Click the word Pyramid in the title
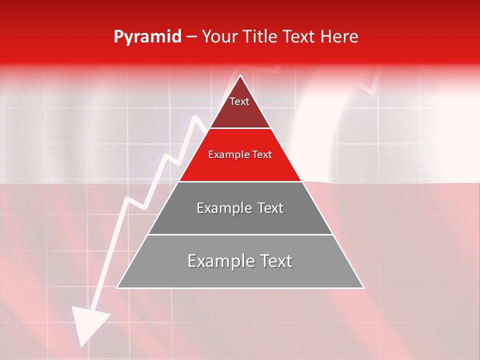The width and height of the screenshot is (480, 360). point(147,37)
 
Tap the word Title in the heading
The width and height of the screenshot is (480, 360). point(263,37)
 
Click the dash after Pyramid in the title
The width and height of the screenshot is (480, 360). point(191,37)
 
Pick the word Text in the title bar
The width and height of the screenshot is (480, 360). point(300,37)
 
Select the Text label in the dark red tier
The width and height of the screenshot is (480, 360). point(239,101)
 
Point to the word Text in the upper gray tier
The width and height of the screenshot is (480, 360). point(270,208)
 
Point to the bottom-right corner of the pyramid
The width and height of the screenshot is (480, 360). point(363,287)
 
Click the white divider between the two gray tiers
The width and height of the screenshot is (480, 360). point(240,234)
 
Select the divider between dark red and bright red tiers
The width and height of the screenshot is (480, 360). point(240,128)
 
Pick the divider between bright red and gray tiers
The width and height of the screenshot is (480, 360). point(240,181)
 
